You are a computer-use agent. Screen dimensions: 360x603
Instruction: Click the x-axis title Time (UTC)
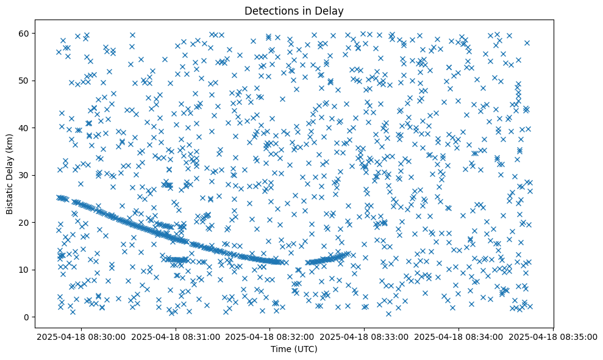tap(294, 349)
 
